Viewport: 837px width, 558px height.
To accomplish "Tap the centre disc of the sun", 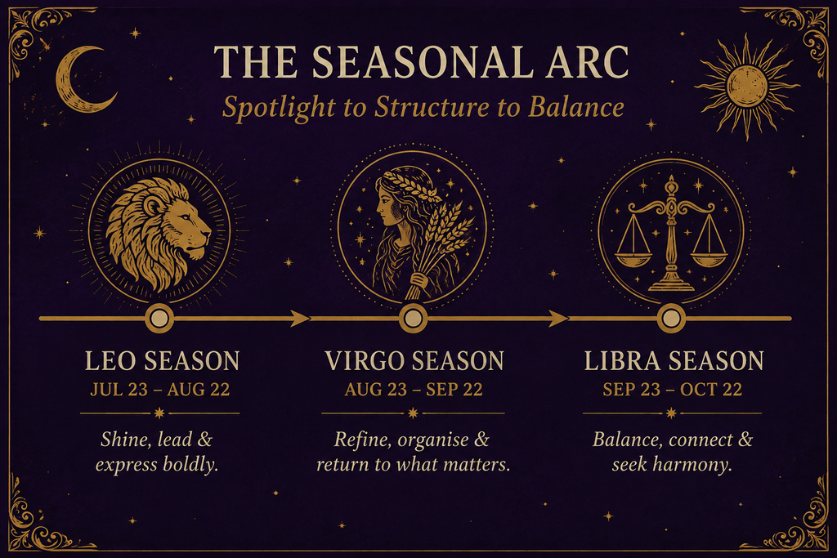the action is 747,86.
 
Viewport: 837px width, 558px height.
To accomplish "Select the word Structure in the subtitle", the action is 432,107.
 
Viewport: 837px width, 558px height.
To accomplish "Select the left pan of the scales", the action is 633,259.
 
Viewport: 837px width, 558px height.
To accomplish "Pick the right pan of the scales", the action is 709,259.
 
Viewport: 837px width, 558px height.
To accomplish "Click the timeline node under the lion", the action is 159,319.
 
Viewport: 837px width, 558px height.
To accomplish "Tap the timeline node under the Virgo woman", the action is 413,319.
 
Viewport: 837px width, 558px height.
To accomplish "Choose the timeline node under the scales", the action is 671,319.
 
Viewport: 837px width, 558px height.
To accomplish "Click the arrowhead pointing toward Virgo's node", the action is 300,319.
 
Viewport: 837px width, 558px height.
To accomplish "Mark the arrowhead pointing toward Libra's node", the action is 558,319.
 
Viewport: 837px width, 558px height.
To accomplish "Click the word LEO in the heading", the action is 110,361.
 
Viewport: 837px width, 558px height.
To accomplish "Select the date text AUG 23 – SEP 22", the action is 413,390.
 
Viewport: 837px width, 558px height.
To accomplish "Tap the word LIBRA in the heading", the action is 622,361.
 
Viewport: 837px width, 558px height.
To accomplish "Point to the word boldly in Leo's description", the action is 190,465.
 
